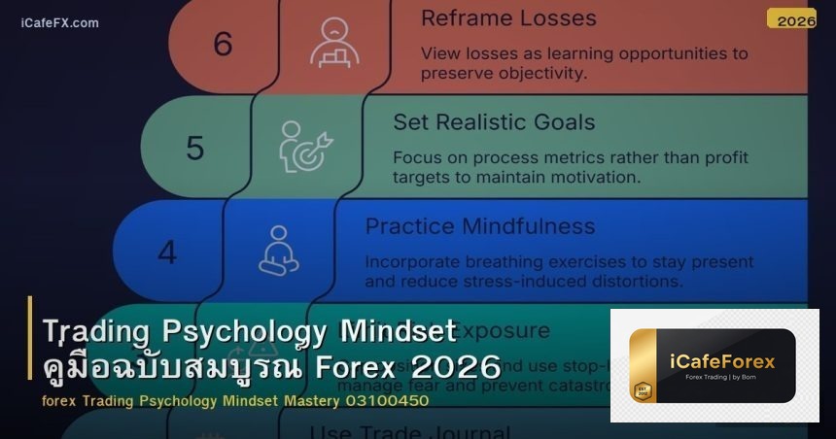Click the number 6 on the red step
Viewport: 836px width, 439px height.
pos(223,44)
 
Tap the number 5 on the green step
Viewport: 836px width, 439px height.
pos(194,148)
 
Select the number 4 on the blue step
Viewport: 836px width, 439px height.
pos(167,253)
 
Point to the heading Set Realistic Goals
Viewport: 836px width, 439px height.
pos(494,122)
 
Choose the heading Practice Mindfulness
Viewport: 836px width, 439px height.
pos(479,226)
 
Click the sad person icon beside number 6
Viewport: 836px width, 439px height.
pos(333,43)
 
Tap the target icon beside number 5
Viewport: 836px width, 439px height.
pos(305,147)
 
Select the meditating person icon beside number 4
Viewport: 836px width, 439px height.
pos(278,251)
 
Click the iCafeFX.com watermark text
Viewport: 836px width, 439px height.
pos(59,22)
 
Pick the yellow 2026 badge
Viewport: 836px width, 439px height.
pos(791,19)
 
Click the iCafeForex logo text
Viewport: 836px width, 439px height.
pos(722,361)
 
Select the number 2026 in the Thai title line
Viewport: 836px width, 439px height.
pos(456,368)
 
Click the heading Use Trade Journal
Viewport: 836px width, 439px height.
pos(409,431)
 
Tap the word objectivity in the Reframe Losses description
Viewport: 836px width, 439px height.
pos(541,72)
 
